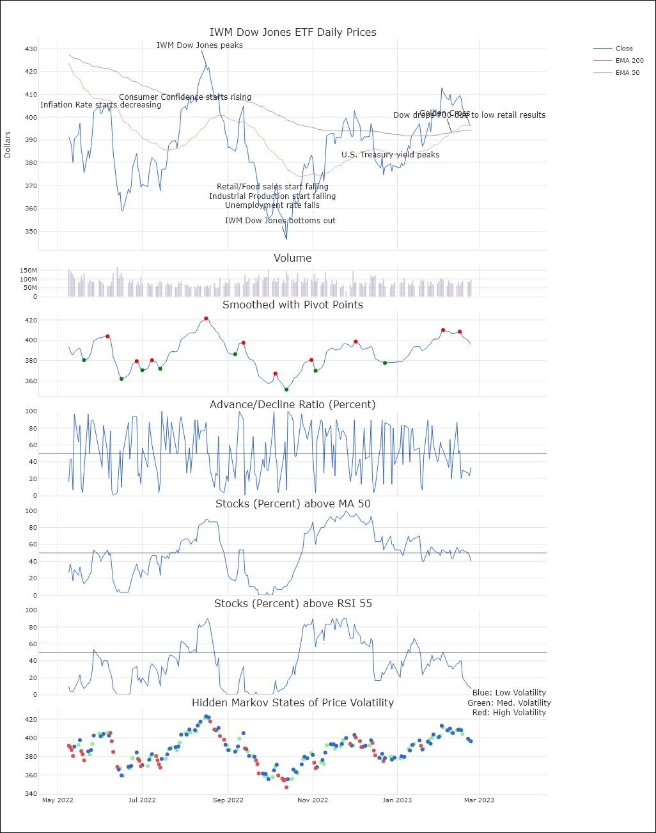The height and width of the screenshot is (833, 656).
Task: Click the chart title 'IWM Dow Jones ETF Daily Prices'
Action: (293, 32)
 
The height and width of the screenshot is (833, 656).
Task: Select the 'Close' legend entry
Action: (623, 48)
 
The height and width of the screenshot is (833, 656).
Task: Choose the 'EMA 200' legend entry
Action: (629, 60)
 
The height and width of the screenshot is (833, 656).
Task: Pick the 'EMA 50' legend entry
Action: (627, 72)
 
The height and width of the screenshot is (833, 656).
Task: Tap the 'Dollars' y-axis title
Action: (8, 145)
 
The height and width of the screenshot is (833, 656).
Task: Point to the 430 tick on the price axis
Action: (31, 49)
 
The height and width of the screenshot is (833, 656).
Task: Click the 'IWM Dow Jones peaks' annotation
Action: (199, 45)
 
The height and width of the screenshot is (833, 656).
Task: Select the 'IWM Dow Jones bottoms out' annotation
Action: (280, 221)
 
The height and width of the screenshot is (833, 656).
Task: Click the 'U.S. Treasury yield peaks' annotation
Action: (390, 155)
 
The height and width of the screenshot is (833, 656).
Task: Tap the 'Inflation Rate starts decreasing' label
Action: (100, 105)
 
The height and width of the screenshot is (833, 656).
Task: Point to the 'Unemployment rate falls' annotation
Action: (272, 205)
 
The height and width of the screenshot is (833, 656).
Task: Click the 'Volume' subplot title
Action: (293, 258)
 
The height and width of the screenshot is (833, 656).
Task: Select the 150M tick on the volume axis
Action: (28, 271)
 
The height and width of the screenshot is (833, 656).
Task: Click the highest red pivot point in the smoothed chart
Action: (206, 318)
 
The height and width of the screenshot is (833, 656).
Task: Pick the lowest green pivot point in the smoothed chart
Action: (286, 390)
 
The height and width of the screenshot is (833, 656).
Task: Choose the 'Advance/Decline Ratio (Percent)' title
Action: (293, 404)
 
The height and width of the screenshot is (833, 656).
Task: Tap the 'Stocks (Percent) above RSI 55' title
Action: (293, 603)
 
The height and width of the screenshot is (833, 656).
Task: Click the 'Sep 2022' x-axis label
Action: (228, 800)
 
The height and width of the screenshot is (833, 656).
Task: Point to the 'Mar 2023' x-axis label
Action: (478, 800)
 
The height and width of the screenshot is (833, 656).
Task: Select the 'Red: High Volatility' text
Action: (509, 712)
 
